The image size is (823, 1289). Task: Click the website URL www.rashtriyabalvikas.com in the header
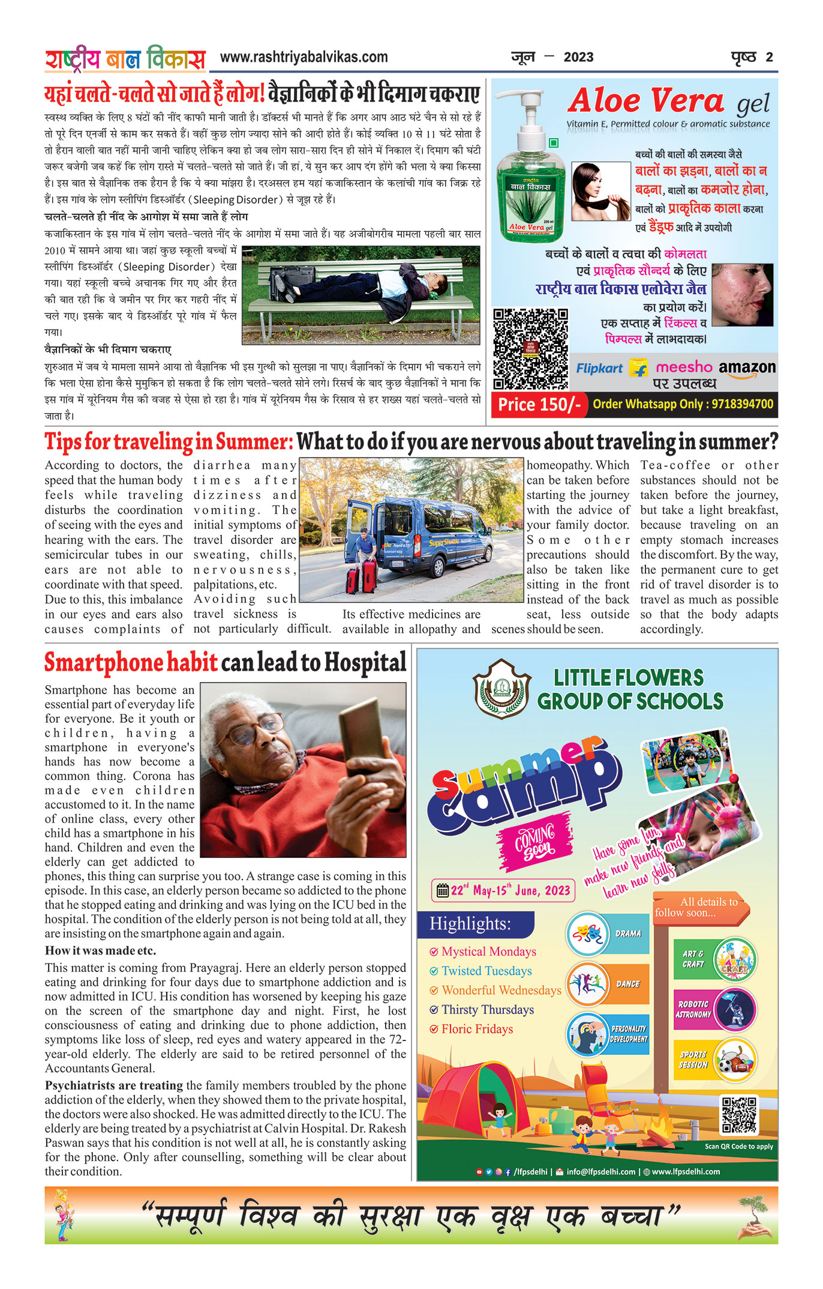pos(304,58)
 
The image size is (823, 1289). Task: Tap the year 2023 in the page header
pos(578,58)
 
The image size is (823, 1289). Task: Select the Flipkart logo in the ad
pos(599,369)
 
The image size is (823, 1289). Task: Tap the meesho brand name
pos(684,367)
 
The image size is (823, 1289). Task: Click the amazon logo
pos(747,367)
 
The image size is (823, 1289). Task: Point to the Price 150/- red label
pos(539,405)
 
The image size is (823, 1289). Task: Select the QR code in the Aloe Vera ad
pos(530,349)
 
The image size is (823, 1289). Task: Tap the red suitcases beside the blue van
pos(362,575)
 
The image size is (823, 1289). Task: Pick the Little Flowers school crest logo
pos(501,689)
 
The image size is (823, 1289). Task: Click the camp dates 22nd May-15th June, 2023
pos(503,890)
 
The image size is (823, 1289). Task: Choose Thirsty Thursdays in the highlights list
pos(487,1010)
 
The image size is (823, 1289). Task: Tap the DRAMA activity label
pos(627,934)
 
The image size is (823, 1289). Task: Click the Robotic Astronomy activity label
pos(693,1009)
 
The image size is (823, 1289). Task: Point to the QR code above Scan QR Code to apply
pos(739,1115)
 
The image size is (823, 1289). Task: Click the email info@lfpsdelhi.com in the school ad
pos(600,1171)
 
